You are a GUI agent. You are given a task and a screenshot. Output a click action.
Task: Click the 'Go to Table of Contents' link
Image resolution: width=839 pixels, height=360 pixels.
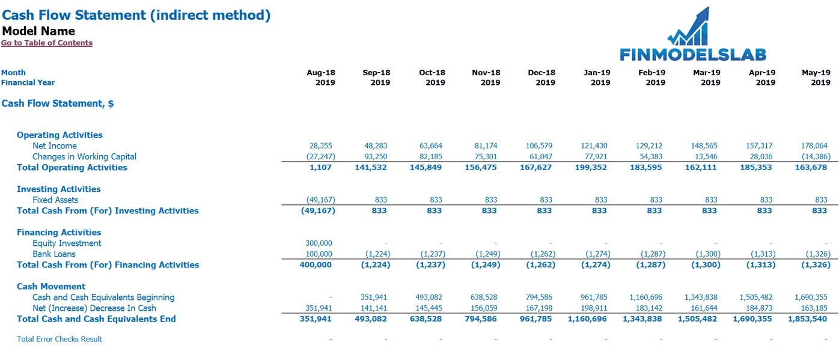click(47, 43)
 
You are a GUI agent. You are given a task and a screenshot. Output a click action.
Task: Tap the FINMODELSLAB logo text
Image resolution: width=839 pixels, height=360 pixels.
click(693, 55)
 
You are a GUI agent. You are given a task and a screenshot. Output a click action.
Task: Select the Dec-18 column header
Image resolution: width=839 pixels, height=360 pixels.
click(542, 72)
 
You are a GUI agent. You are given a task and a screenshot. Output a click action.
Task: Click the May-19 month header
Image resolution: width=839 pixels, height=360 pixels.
click(816, 72)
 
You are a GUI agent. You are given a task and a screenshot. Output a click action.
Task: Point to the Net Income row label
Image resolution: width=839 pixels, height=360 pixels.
click(55, 145)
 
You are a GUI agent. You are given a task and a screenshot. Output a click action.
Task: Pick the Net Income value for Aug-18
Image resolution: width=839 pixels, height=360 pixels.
click(320, 145)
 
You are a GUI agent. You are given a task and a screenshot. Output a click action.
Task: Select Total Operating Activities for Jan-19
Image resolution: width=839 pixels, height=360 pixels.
click(591, 168)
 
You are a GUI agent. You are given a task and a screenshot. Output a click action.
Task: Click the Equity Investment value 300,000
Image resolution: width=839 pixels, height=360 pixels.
click(319, 243)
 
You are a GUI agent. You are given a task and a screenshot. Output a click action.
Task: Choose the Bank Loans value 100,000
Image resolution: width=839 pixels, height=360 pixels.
click(319, 254)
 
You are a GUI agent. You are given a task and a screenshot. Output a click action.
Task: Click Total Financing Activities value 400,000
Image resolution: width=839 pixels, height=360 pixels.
click(316, 265)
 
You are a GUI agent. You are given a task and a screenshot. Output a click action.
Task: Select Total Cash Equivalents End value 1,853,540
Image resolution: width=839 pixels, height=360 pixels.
click(807, 319)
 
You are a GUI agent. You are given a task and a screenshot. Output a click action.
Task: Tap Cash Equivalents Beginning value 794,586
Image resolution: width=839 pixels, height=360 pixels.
click(539, 297)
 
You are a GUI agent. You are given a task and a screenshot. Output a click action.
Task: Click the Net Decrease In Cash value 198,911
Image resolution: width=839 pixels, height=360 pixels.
click(594, 308)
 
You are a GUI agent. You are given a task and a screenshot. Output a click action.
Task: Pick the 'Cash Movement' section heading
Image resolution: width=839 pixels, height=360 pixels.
click(51, 287)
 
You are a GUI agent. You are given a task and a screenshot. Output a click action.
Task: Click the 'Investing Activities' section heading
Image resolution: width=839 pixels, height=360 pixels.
click(59, 189)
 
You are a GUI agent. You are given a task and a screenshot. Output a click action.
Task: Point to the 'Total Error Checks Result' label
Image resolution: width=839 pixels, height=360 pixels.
click(59, 339)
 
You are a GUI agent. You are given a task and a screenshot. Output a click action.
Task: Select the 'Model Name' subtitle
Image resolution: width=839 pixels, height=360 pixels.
click(38, 31)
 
